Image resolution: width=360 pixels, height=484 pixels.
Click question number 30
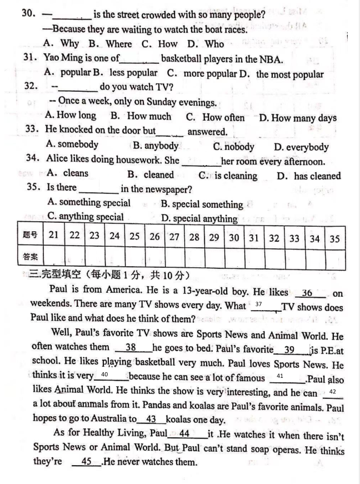click(28, 13)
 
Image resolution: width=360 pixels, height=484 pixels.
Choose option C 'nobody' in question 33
click(233, 147)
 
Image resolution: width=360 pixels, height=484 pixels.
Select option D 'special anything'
click(199, 218)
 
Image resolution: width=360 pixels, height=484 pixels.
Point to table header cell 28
click(194, 236)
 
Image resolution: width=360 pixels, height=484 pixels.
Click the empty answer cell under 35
click(334, 257)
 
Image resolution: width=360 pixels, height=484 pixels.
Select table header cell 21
click(54, 236)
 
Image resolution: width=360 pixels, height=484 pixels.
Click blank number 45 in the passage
click(86, 462)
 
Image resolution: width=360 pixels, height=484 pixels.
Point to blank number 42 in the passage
click(332, 392)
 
